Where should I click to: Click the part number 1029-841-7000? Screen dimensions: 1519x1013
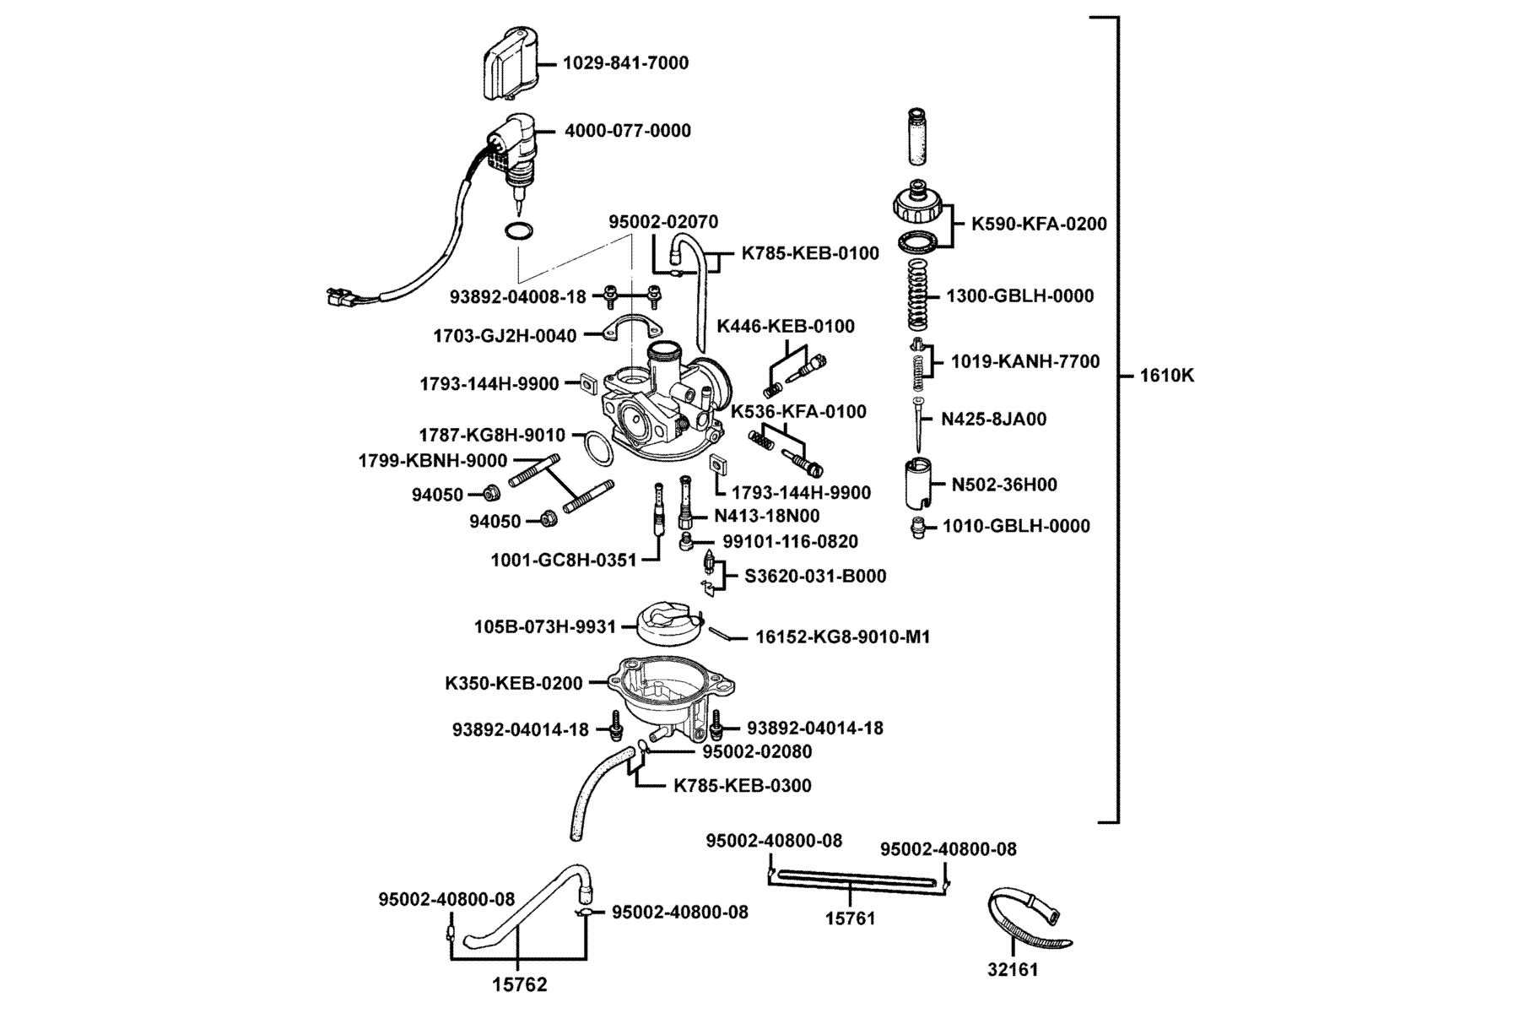pos(625,63)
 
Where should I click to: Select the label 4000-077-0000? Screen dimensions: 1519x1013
pos(627,131)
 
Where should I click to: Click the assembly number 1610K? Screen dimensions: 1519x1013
pos(1167,376)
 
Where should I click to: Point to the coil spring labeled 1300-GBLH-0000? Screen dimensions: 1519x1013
pos(918,295)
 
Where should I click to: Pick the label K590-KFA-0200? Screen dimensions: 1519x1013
pos(1039,225)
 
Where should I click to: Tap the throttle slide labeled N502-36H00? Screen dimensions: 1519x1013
pos(920,483)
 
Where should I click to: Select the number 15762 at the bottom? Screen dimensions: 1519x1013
pos(520,984)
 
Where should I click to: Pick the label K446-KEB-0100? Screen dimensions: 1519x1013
pos(786,326)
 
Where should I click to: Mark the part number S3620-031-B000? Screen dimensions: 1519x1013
pos(815,577)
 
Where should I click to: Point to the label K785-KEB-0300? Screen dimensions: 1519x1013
pos(743,786)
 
